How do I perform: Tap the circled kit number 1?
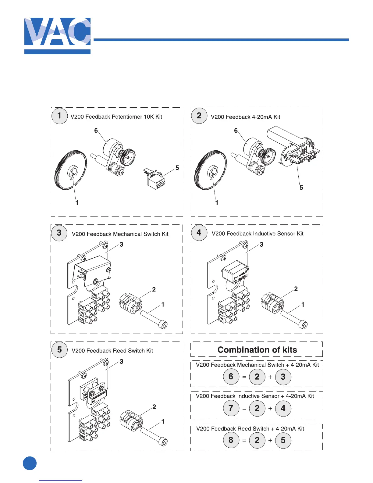(59, 116)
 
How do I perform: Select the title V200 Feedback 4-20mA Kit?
(245, 117)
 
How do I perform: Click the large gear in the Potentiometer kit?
(70, 170)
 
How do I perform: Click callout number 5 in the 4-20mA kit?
(301, 188)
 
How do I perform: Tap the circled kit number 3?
(59, 233)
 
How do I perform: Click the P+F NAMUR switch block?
(235, 273)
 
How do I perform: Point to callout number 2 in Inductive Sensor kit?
(296, 289)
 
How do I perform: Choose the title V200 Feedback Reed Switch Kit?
(112, 351)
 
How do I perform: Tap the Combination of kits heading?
(257, 350)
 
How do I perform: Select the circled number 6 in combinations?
(231, 377)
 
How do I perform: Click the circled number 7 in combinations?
(231, 408)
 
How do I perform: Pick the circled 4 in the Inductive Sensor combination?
(283, 408)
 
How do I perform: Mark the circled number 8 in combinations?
(231, 440)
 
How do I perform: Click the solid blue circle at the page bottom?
(30, 463)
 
